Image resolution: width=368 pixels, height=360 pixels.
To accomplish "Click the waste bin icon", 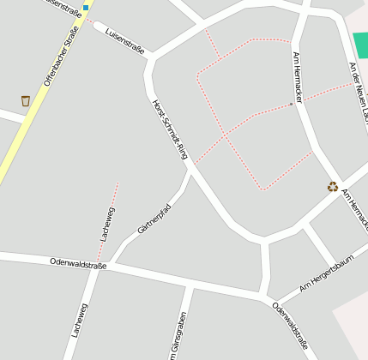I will pos(25,101).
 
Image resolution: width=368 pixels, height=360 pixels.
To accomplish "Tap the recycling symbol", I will pos(333,187).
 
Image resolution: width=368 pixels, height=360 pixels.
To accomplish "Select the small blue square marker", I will pos(86,7).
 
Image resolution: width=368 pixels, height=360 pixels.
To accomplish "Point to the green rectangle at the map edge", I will pos(360,44).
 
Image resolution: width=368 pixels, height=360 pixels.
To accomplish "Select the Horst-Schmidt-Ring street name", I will pos(169,129).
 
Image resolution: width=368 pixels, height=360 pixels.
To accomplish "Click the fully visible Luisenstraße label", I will pos(124,38).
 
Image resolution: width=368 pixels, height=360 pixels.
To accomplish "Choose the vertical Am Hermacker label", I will pos(298,77).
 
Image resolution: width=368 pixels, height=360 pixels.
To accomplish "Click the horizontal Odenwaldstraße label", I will pos(78,264).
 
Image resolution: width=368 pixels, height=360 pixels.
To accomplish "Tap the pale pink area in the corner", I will pos(352,326).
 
